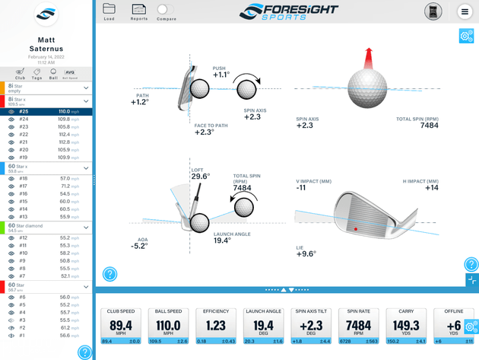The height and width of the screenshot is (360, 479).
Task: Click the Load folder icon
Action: [109, 9]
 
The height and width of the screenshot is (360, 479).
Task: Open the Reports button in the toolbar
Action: [139, 9]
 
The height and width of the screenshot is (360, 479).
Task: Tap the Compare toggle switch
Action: [164, 9]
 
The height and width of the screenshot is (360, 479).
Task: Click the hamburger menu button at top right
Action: [465, 11]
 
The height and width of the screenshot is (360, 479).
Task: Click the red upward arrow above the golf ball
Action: [367, 57]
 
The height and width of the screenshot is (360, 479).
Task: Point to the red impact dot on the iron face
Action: [355, 228]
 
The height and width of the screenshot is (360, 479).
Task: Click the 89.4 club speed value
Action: [120, 326]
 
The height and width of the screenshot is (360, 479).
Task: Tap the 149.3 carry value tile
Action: [406, 326]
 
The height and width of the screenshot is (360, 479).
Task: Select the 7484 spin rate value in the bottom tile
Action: [358, 326]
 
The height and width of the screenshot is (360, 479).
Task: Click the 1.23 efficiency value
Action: [215, 326]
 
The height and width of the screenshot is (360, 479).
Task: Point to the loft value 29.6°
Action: [201, 177]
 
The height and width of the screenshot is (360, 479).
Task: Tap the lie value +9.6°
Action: [306, 254]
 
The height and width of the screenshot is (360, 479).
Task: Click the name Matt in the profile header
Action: [46, 40]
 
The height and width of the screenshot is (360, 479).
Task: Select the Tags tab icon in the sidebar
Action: [36, 73]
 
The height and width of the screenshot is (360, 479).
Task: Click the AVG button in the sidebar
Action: [69, 73]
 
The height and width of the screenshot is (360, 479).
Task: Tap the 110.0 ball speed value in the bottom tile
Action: [168, 326]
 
